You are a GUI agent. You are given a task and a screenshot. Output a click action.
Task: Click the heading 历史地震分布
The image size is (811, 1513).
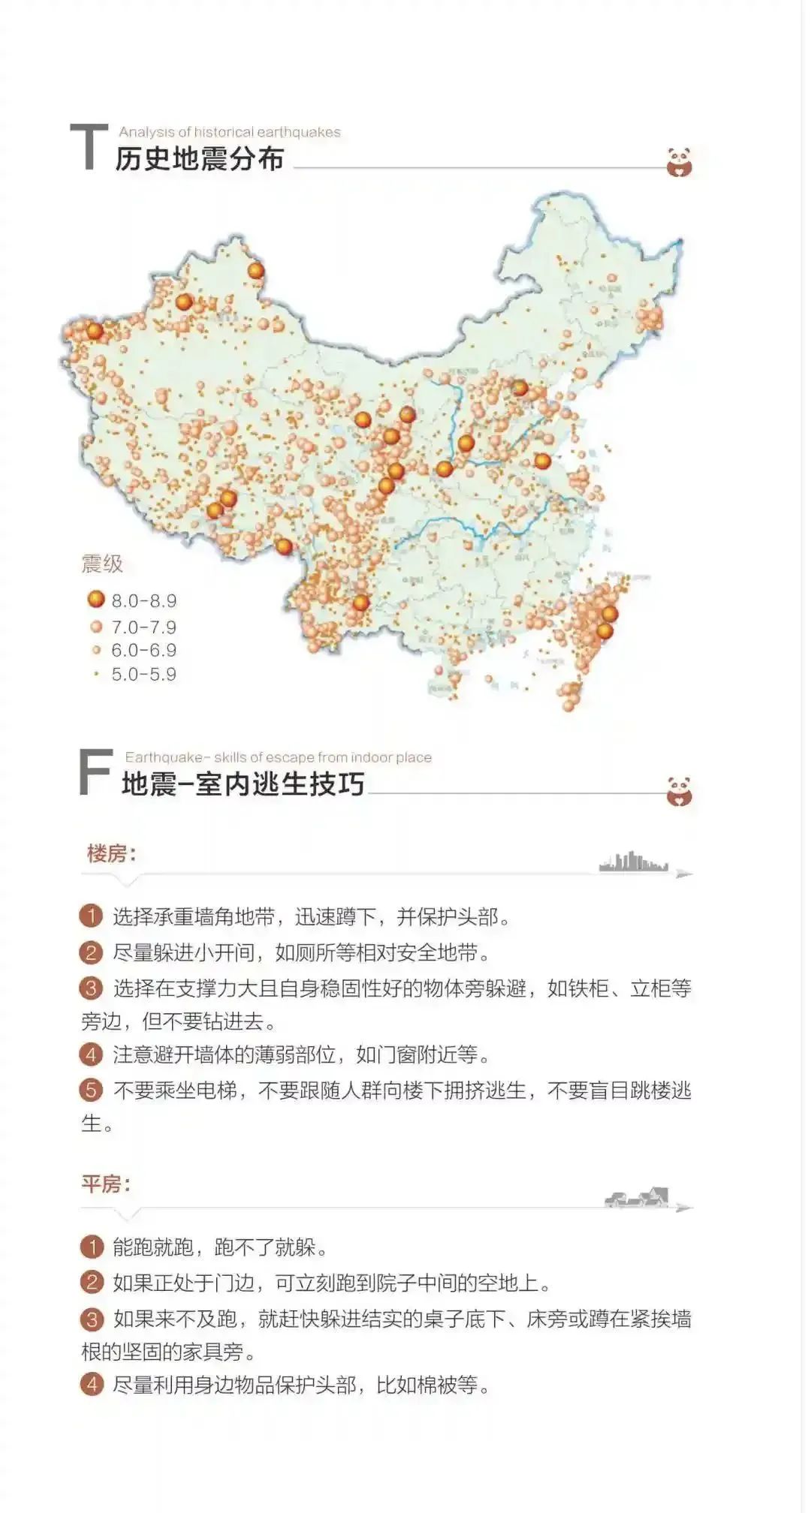tap(200, 159)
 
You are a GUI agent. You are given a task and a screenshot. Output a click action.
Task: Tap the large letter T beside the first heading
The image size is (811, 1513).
tap(89, 147)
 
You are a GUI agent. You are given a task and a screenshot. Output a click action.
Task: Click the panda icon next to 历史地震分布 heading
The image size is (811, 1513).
tap(679, 162)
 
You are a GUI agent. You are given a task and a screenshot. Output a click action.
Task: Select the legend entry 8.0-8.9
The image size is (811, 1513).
tap(143, 600)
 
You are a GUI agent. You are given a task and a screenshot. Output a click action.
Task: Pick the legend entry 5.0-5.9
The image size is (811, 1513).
tap(143, 674)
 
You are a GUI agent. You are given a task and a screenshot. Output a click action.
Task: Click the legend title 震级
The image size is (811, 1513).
tap(102, 564)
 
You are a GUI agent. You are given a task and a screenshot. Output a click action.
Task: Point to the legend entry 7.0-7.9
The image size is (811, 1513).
tap(143, 627)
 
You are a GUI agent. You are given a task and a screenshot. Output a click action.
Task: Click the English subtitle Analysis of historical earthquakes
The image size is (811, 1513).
tap(229, 132)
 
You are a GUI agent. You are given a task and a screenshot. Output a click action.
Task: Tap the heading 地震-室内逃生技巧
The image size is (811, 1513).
tap(243, 784)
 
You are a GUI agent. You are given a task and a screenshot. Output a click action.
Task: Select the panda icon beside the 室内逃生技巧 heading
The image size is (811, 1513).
tap(679, 791)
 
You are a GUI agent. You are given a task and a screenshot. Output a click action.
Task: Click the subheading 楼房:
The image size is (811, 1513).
tap(111, 853)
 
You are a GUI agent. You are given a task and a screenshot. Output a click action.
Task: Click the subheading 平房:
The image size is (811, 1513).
tap(106, 1184)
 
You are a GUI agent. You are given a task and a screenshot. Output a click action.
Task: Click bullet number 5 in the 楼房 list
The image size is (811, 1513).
tap(91, 1090)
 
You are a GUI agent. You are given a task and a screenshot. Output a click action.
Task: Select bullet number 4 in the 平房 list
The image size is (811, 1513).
tap(91, 1384)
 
